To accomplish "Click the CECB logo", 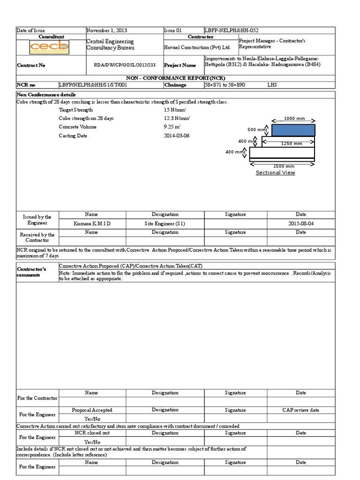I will (49, 47).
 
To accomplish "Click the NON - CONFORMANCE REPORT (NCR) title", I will (176, 78).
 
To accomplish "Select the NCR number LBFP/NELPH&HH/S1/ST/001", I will (92, 85).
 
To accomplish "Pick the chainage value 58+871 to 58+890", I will (225, 85).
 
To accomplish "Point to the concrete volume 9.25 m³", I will (172, 127).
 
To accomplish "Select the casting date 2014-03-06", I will (177, 135).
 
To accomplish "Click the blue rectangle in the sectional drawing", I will (293, 130).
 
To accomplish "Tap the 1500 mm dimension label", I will (284, 166).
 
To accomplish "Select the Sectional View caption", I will (275, 172).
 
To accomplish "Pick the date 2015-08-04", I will (301, 224).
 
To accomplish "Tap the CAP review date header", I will (300, 410).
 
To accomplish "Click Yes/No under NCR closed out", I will (92, 442).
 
